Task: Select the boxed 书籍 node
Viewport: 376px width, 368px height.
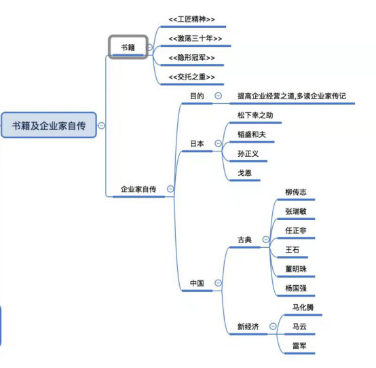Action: coord(128,47)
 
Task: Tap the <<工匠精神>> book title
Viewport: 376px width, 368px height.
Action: coord(193,19)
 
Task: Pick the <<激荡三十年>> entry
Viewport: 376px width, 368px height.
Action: coord(195,39)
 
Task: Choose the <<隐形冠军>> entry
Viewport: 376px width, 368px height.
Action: coord(193,58)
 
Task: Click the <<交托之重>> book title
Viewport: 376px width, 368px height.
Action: coord(192,77)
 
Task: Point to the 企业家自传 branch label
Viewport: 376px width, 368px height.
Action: coord(138,189)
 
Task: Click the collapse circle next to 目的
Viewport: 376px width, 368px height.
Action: coord(218,96)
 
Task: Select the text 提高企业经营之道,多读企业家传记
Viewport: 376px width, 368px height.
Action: coord(292,96)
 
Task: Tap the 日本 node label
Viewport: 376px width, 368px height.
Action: coord(197,143)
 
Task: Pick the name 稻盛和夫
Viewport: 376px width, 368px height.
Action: coord(251,134)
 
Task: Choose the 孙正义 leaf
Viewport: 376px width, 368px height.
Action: coord(248,154)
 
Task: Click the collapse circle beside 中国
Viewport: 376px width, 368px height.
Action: coord(218,282)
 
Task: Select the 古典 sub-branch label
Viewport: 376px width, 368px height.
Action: coord(244,240)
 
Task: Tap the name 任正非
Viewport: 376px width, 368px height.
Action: coord(297,231)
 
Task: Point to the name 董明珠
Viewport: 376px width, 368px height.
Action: coord(297,269)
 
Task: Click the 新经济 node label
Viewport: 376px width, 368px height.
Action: coord(248,327)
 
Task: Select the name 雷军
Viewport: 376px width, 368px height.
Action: coord(299,346)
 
